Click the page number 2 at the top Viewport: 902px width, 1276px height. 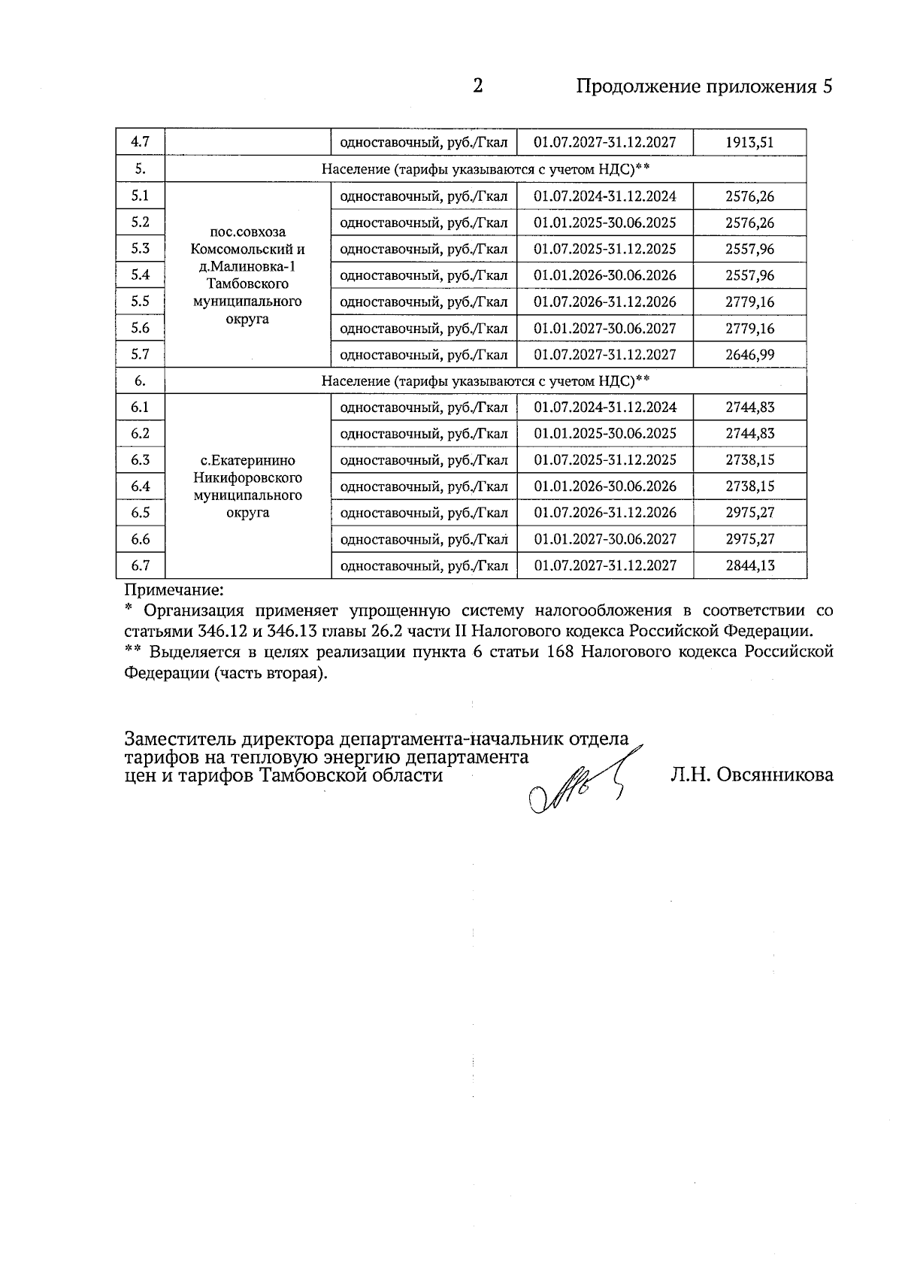477,86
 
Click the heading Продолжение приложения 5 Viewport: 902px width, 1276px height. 704,86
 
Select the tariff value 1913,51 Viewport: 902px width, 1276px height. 749,142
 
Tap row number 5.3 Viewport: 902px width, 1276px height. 141,249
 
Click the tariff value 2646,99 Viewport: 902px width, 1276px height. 749,355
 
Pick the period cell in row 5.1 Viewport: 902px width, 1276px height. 604,196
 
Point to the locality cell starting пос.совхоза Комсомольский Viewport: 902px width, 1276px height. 247,275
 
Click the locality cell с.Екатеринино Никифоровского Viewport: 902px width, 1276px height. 247,486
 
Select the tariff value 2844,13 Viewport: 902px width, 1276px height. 749,565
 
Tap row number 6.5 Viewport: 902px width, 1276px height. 141,513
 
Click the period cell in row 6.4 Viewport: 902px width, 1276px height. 604,486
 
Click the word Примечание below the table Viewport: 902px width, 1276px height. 174,591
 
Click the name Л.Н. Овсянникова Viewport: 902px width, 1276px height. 752,774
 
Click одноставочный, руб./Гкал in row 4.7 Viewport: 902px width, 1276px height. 424,142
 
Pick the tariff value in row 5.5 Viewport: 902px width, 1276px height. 749,302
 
